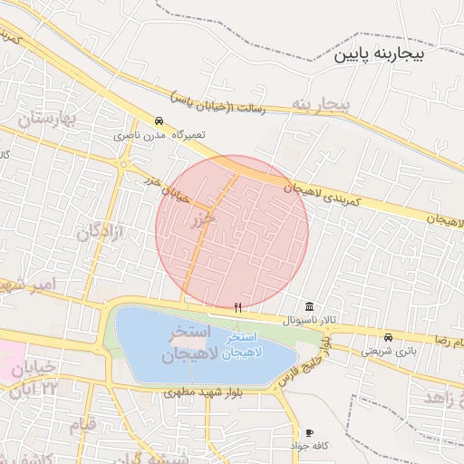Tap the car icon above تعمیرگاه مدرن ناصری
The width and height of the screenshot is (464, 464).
pos(159,121)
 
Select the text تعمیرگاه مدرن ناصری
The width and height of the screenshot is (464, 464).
pos(152,134)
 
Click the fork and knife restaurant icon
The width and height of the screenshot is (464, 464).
pos(237,307)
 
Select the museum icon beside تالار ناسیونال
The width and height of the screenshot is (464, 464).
pos(310,306)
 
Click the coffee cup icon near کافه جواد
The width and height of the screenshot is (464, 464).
pos(310,433)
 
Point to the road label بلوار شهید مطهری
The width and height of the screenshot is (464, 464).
pos(200,392)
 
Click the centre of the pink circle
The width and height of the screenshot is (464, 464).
pos(232,232)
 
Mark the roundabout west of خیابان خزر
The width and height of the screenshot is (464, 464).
pos(121,164)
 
